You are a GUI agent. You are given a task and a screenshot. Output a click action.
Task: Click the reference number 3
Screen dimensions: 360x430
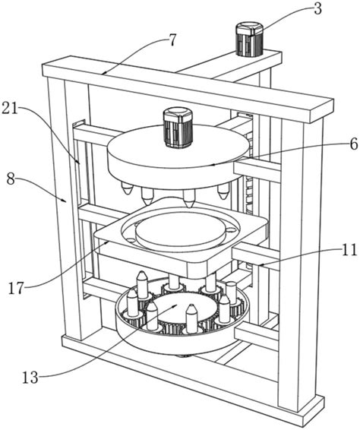pyautogui.click(x=317, y=9)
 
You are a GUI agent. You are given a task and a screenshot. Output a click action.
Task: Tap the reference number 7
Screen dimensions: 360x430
pyautogui.click(x=172, y=40)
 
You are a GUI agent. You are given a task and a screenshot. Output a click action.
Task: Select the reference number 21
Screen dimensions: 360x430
pyautogui.click(x=10, y=108)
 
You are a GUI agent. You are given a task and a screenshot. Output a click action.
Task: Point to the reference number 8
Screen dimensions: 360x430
pyautogui.click(x=11, y=179)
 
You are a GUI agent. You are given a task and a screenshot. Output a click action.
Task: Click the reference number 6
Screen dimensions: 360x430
pyautogui.click(x=353, y=144)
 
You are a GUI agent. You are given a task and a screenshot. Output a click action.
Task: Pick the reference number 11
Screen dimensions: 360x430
pyautogui.click(x=349, y=250)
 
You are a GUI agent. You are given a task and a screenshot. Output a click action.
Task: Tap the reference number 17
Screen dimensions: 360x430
pyautogui.click(x=17, y=288)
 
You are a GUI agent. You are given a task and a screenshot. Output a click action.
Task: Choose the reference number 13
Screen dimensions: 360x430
pyautogui.click(x=30, y=378)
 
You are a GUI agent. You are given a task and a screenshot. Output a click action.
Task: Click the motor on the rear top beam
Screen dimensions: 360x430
pyautogui.click(x=250, y=40)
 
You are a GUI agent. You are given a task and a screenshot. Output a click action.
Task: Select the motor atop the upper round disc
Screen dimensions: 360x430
pyautogui.click(x=178, y=127)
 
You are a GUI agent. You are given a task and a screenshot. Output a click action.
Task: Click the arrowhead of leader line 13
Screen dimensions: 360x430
pyautogui.click(x=175, y=305)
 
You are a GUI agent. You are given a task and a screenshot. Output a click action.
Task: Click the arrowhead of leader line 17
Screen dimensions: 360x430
pyautogui.click(x=108, y=242)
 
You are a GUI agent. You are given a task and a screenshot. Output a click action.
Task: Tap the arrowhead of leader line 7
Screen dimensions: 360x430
pyautogui.click(x=103, y=73)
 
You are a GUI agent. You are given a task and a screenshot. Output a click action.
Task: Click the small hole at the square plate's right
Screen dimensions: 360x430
pyautogui.click(x=231, y=229)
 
